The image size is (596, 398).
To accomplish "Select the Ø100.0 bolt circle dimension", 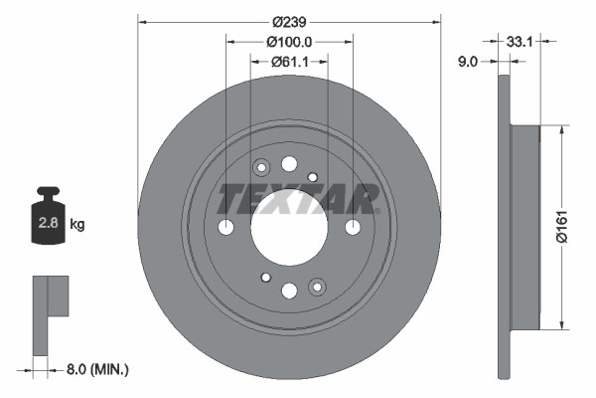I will click(x=289, y=41).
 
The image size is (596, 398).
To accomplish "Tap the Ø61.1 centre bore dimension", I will click(x=289, y=62).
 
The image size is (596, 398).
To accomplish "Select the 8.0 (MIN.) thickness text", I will click(x=95, y=369).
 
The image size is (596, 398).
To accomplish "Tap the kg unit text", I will click(x=77, y=225).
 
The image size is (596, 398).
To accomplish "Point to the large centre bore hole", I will click(x=289, y=227).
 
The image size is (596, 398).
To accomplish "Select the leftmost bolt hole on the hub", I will click(x=225, y=227).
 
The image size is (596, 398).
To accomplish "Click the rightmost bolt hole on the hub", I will click(x=353, y=227).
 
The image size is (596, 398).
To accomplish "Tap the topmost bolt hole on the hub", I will click(x=289, y=164).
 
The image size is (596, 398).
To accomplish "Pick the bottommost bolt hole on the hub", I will click(x=289, y=291).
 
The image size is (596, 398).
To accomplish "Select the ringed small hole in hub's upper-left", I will click(x=262, y=168).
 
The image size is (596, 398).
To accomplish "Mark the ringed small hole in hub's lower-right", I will click(x=317, y=287).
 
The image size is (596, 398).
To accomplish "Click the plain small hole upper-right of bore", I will click(x=313, y=177).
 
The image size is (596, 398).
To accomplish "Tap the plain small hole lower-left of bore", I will click(x=265, y=278).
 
